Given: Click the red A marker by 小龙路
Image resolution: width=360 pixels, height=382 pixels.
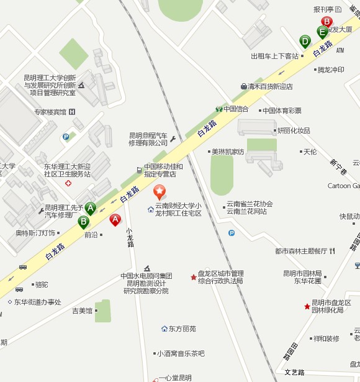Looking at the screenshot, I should pyautogui.click(x=115, y=219).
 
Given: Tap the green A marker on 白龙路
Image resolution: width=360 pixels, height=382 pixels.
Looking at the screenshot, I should pyautogui.click(x=91, y=209).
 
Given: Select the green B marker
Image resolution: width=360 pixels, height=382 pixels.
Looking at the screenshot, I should pyautogui.click(x=83, y=221).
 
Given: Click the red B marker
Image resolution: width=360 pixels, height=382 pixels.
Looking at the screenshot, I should pyautogui.click(x=326, y=21).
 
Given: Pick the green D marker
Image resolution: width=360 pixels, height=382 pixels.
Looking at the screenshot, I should pyautogui.click(x=305, y=42).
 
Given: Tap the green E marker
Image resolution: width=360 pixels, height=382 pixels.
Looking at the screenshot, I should pyautogui.click(x=322, y=32).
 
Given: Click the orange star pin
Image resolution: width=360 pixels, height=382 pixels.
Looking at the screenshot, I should pyautogui.click(x=160, y=191).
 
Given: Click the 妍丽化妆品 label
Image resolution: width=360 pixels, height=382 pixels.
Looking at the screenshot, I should pyautogui.click(x=294, y=130).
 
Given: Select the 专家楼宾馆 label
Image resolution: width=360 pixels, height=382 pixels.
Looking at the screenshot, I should pyautogui.click(x=50, y=112).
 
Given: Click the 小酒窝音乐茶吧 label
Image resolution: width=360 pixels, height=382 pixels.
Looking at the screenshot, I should pyautogui.click(x=181, y=353).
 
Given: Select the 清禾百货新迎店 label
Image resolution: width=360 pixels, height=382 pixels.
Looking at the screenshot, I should pyautogui.click(x=270, y=86).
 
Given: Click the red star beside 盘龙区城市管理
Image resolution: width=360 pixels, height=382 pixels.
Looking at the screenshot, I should pyautogui.click(x=193, y=276).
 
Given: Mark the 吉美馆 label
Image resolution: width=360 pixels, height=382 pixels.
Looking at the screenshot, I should pyautogui.click(x=82, y=310).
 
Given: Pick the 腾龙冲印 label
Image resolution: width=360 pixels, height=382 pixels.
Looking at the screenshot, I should pyautogui.click(x=330, y=70).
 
